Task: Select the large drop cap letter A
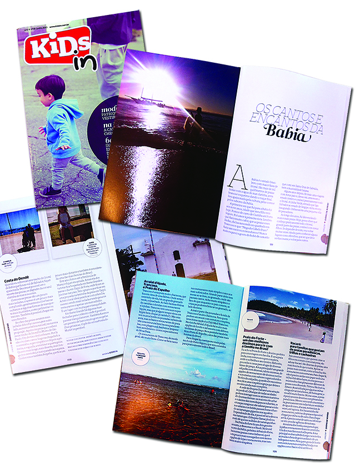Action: click(236, 181)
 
